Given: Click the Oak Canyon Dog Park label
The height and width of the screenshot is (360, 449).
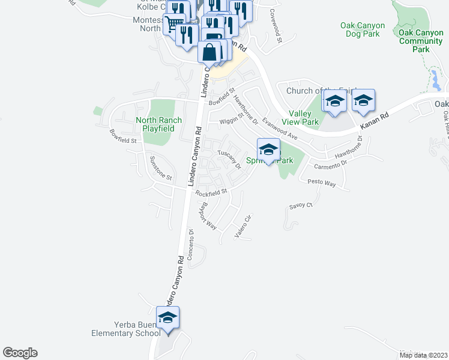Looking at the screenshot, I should click(363, 30).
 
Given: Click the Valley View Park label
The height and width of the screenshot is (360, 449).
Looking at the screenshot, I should click(304, 118).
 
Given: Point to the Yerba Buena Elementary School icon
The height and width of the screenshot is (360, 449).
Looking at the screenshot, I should click(167, 318).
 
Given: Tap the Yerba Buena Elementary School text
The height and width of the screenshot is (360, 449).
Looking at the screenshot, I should click(125, 329).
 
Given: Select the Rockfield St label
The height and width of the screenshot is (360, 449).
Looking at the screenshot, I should click(212, 193).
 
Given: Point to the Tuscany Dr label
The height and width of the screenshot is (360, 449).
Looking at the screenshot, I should click(229, 159).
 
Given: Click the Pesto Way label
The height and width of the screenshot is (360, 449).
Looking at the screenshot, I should click(321, 182).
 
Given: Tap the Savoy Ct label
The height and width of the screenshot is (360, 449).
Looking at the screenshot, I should click(301, 205).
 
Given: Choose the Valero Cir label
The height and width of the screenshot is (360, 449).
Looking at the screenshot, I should click(242, 227).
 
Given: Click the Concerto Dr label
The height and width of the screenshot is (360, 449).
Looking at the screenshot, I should click(191, 244).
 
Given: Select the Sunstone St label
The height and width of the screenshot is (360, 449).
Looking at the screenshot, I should click(161, 170).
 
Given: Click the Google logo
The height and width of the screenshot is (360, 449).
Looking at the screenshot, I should click(20, 353).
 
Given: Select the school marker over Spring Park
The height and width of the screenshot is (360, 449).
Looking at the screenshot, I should click(268, 150).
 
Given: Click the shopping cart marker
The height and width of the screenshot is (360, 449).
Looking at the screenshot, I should click(174, 24).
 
